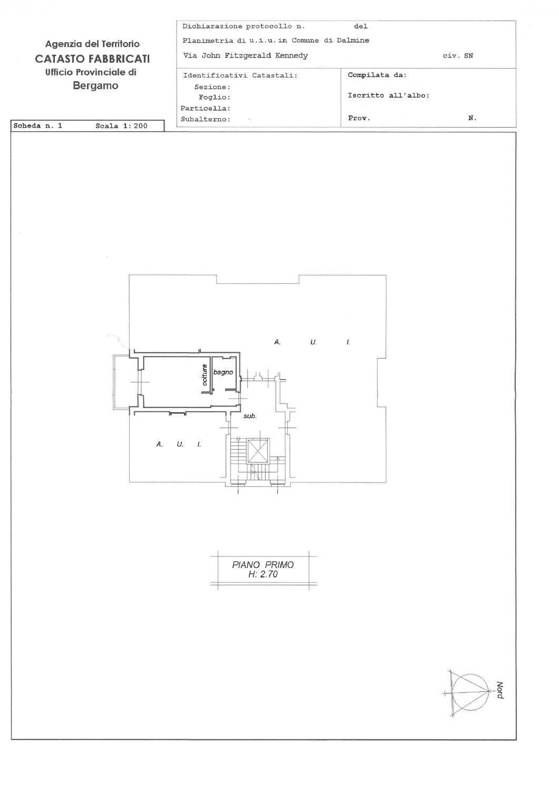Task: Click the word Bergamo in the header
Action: pyautogui.click(x=95, y=86)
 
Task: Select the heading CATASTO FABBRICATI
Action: pyautogui.click(x=92, y=59)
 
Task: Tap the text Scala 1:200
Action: pyautogui.click(x=121, y=126)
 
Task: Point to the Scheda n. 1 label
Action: pyautogui.click(x=38, y=126)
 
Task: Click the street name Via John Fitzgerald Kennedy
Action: pyautogui.click(x=245, y=55)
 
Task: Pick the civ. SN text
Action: pyautogui.click(x=458, y=56)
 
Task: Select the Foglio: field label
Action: pyautogui.click(x=214, y=97)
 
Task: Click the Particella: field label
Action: pyautogui.click(x=206, y=108)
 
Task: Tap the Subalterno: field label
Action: pyautogui.click(x=206, y=119)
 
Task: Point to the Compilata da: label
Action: pyautogui.click(x=377, y=75)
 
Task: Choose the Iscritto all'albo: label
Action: pyautogui.click(x=389, y=95)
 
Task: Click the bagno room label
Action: pyautogui.click(x=223, y=372)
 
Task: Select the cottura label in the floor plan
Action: pyautogui.click(x=205, y=374)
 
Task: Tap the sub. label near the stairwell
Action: pyautogui.click(x=249, y=416)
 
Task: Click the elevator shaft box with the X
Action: pyautogui.click(x=258, y=450)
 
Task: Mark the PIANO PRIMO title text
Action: pyautogui.click(x=263, y=565)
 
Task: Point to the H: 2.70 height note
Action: pyautogui.click(x=263, y=575)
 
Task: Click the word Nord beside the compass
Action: pyautogui.click(x=500, y=690)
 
